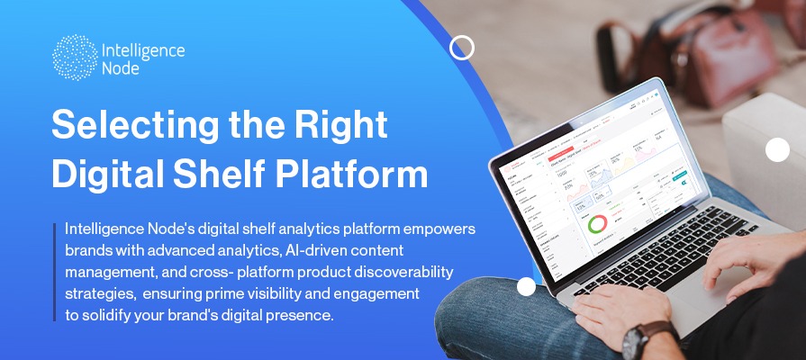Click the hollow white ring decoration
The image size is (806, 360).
click(462, 48)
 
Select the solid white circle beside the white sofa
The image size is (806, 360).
click(777, 150)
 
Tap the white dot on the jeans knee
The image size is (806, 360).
click(526, 286)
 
